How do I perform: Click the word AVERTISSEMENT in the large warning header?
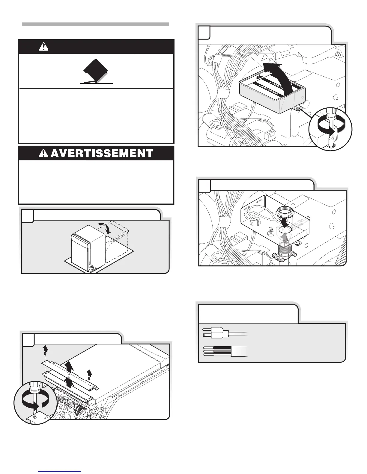click(x=102, y=154)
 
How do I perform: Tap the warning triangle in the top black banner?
click(x=44, y=46)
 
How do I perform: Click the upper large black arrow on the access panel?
click(x=69, y=367)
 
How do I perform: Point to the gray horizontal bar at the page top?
click(x=95, y=24)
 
